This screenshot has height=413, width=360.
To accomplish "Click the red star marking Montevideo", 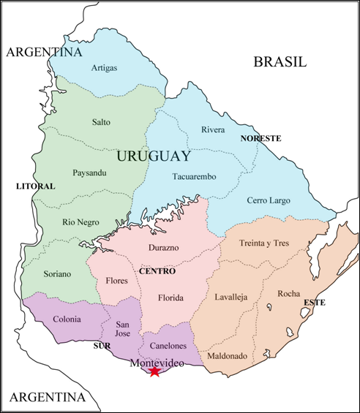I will [154, 371].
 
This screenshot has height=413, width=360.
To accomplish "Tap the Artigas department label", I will [105, 68].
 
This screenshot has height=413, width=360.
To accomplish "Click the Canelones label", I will [169, 345].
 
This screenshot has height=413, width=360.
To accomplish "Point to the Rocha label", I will [288, 294].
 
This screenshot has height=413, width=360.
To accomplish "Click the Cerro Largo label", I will [268, 200].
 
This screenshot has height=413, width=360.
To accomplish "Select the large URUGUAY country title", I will [153, 156].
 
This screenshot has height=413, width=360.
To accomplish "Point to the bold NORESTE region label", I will [261, 137].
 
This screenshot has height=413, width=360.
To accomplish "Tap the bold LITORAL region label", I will [35, 186].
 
